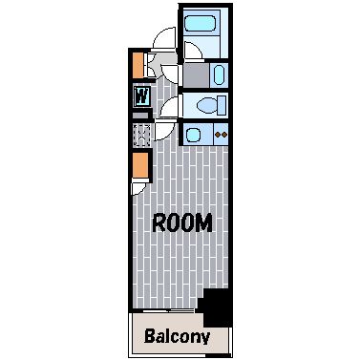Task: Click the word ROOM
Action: pyautogui.click(x=182, y=222)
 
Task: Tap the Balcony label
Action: pyautogui.click(x=177, y=337)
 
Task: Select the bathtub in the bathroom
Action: pyautogui.click(x=201, y=22)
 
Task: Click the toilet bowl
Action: pyautogui.click(x=206, y=105)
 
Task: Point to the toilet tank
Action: pyautogui.click(x=222, y=105)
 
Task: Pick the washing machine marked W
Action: pyautogui.click(x=141, y=95)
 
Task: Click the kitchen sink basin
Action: pyautogui.click(x=193, y=135)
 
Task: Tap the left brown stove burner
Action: pyautogui.click(x=218, y=135)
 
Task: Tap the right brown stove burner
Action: pyautogui.click(x=224, y=135)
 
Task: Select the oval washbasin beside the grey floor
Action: pyautogui.click(x=219, y=75)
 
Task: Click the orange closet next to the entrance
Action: pyautogui.click(x=138, y=65)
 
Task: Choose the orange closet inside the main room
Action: pyautogui.click(x=140, y=165)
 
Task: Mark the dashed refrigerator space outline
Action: pyautogui.click(x=141, y=136)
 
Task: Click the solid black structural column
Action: pyautogui.click(x=216, y=307)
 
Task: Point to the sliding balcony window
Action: pyautogui.click(x=168, y=310)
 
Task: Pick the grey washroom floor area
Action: pyautogui.click(x=196, y=75)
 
